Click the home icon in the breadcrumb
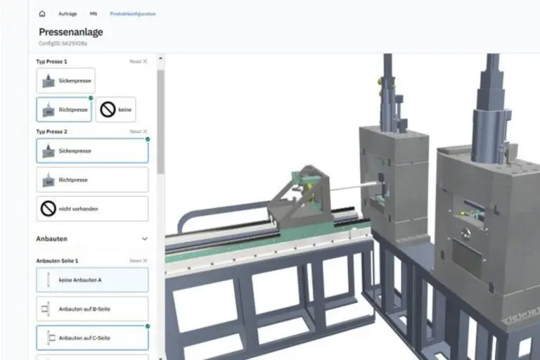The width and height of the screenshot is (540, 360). pyautogui.click(x=42, y=13)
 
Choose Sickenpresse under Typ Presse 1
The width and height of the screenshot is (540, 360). pyautogui.click(x=65, y=81)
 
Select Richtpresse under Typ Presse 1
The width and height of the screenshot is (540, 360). pyautogui.click(x=64, y=110)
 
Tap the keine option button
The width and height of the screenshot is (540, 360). pyautogui.click(x=116, y=110)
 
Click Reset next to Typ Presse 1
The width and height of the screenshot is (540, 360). pyautogui.click(x=139, y=62)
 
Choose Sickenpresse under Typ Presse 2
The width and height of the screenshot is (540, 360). pyautogui.click(x=92, y=150)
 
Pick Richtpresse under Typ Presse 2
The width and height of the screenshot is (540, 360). pyautogui.click(x=92, y=180)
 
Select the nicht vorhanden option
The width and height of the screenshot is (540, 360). pyautogui.click(x=92, y=209)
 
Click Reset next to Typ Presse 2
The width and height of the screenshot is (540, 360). pyautogui.click(x=139, y=131)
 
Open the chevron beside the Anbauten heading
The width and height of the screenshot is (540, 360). pyautogui.click(x=145, y=239)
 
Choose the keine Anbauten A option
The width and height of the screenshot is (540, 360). pyautogui.click(x=92, y=280)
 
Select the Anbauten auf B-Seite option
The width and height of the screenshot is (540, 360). pyautogui.click(x=92, y=309)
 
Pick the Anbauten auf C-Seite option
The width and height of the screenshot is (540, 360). pyautogui.click(x=92, y=337)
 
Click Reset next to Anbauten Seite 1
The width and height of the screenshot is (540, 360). pyautogui.click(x=139, y=260)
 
